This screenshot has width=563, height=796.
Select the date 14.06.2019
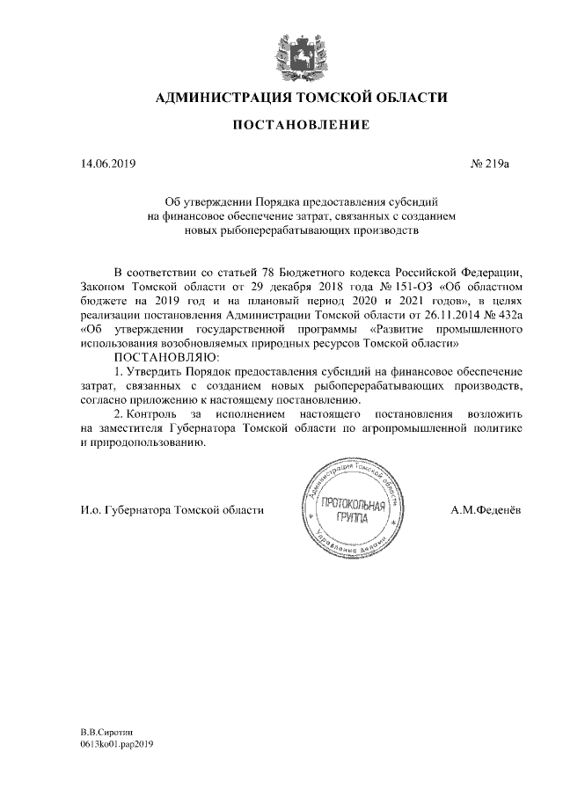pyautogui.click(x=105, y=164)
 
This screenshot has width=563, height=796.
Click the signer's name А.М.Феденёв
pyautogui.click(x=486, y=509)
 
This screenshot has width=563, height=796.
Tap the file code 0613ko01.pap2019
pyautogui.click(x=118, y=744)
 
